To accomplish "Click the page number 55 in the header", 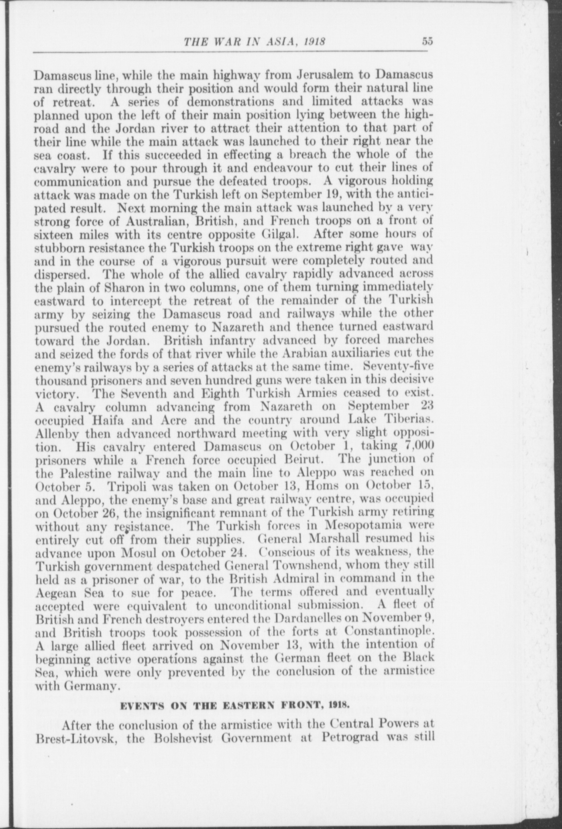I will point(427,42).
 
